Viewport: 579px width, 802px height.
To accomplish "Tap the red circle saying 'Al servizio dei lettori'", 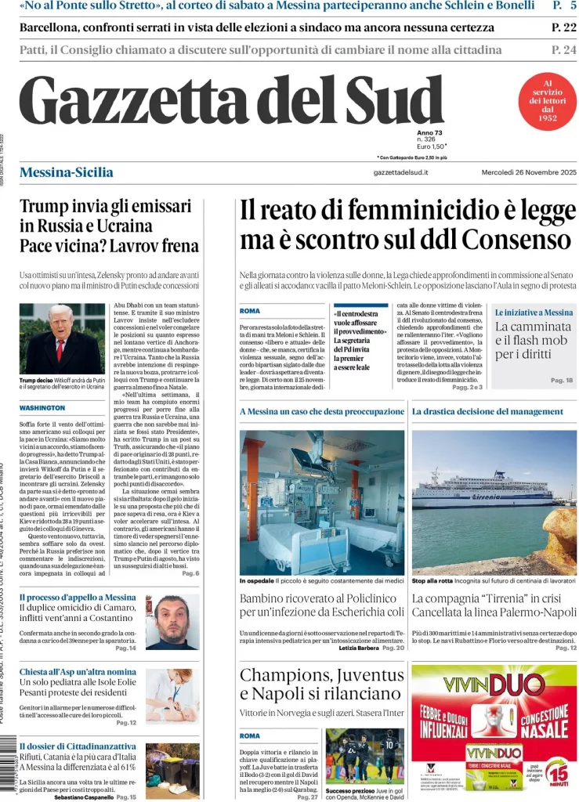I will point(548,100).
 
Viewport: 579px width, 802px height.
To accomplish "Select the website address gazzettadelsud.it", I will point(400,172).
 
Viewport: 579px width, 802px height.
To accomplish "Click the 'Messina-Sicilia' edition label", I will point(66,172).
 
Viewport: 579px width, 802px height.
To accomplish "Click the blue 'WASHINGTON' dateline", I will point(42,408).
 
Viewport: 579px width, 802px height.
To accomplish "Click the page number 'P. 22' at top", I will point(563,27).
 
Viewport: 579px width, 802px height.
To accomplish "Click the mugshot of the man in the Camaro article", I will point(172,622).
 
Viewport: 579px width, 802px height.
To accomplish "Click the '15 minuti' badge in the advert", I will point(555,771).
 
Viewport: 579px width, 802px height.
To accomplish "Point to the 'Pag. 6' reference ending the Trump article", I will point(190,573).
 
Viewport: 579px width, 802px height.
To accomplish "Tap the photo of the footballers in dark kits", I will point(364,756).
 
